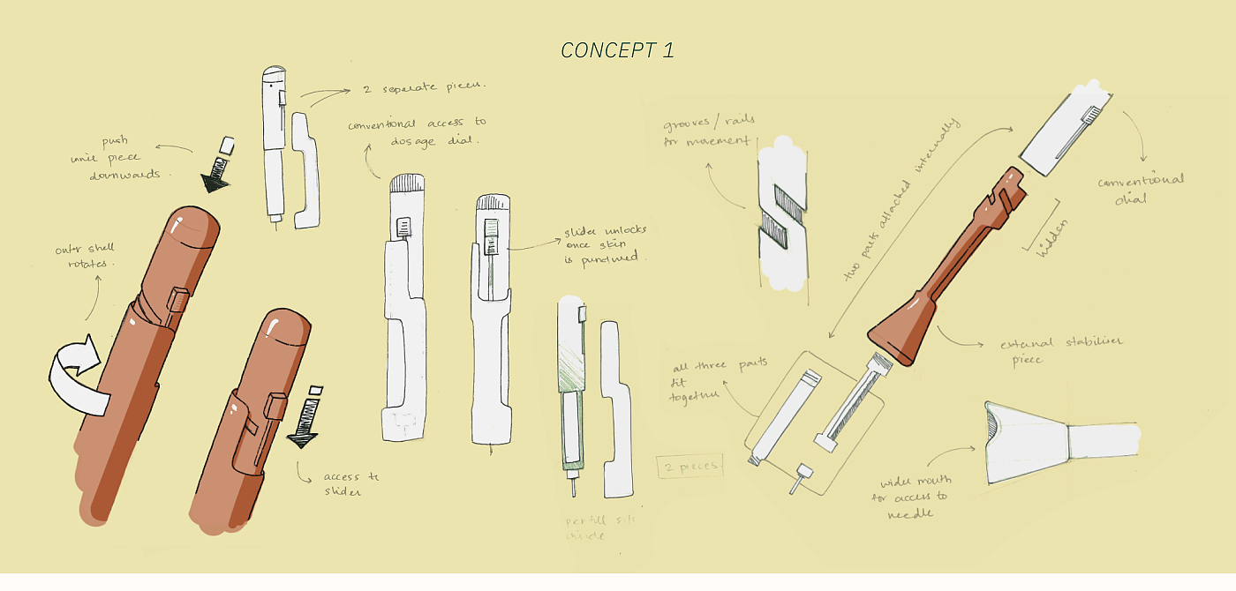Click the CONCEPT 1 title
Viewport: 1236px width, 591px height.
point(617,50)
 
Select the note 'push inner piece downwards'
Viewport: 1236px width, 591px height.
point(124,158)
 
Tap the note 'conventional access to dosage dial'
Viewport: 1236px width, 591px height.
point(416,131)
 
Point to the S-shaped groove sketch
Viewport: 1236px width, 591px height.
point(782,214)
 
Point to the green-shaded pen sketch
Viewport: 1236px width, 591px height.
point(569,388)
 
